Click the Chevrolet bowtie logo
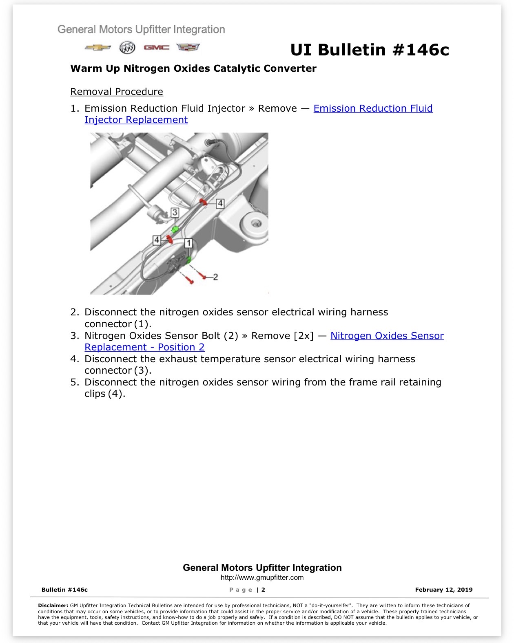coord(97,48)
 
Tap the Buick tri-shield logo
coord(127,48)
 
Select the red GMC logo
coord(157,48)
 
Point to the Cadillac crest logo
coord(188,47)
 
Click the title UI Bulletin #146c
coord(370,50)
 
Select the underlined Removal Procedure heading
coord(117,91)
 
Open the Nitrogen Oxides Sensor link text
coord(387,335)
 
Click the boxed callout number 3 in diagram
coord(175,212)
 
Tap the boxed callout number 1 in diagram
coord(188,243)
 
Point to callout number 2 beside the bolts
coord(215,277)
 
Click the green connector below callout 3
coord(175,229)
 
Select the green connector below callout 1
coord(188,260)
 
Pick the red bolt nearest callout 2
coord(204,276)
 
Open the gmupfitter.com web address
coord(262,577)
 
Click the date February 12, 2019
coord(444,590)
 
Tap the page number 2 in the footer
coord(263,590)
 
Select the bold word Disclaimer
coord(53,606)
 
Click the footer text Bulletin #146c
coord(64,590)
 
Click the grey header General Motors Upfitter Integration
coord(141,30)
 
